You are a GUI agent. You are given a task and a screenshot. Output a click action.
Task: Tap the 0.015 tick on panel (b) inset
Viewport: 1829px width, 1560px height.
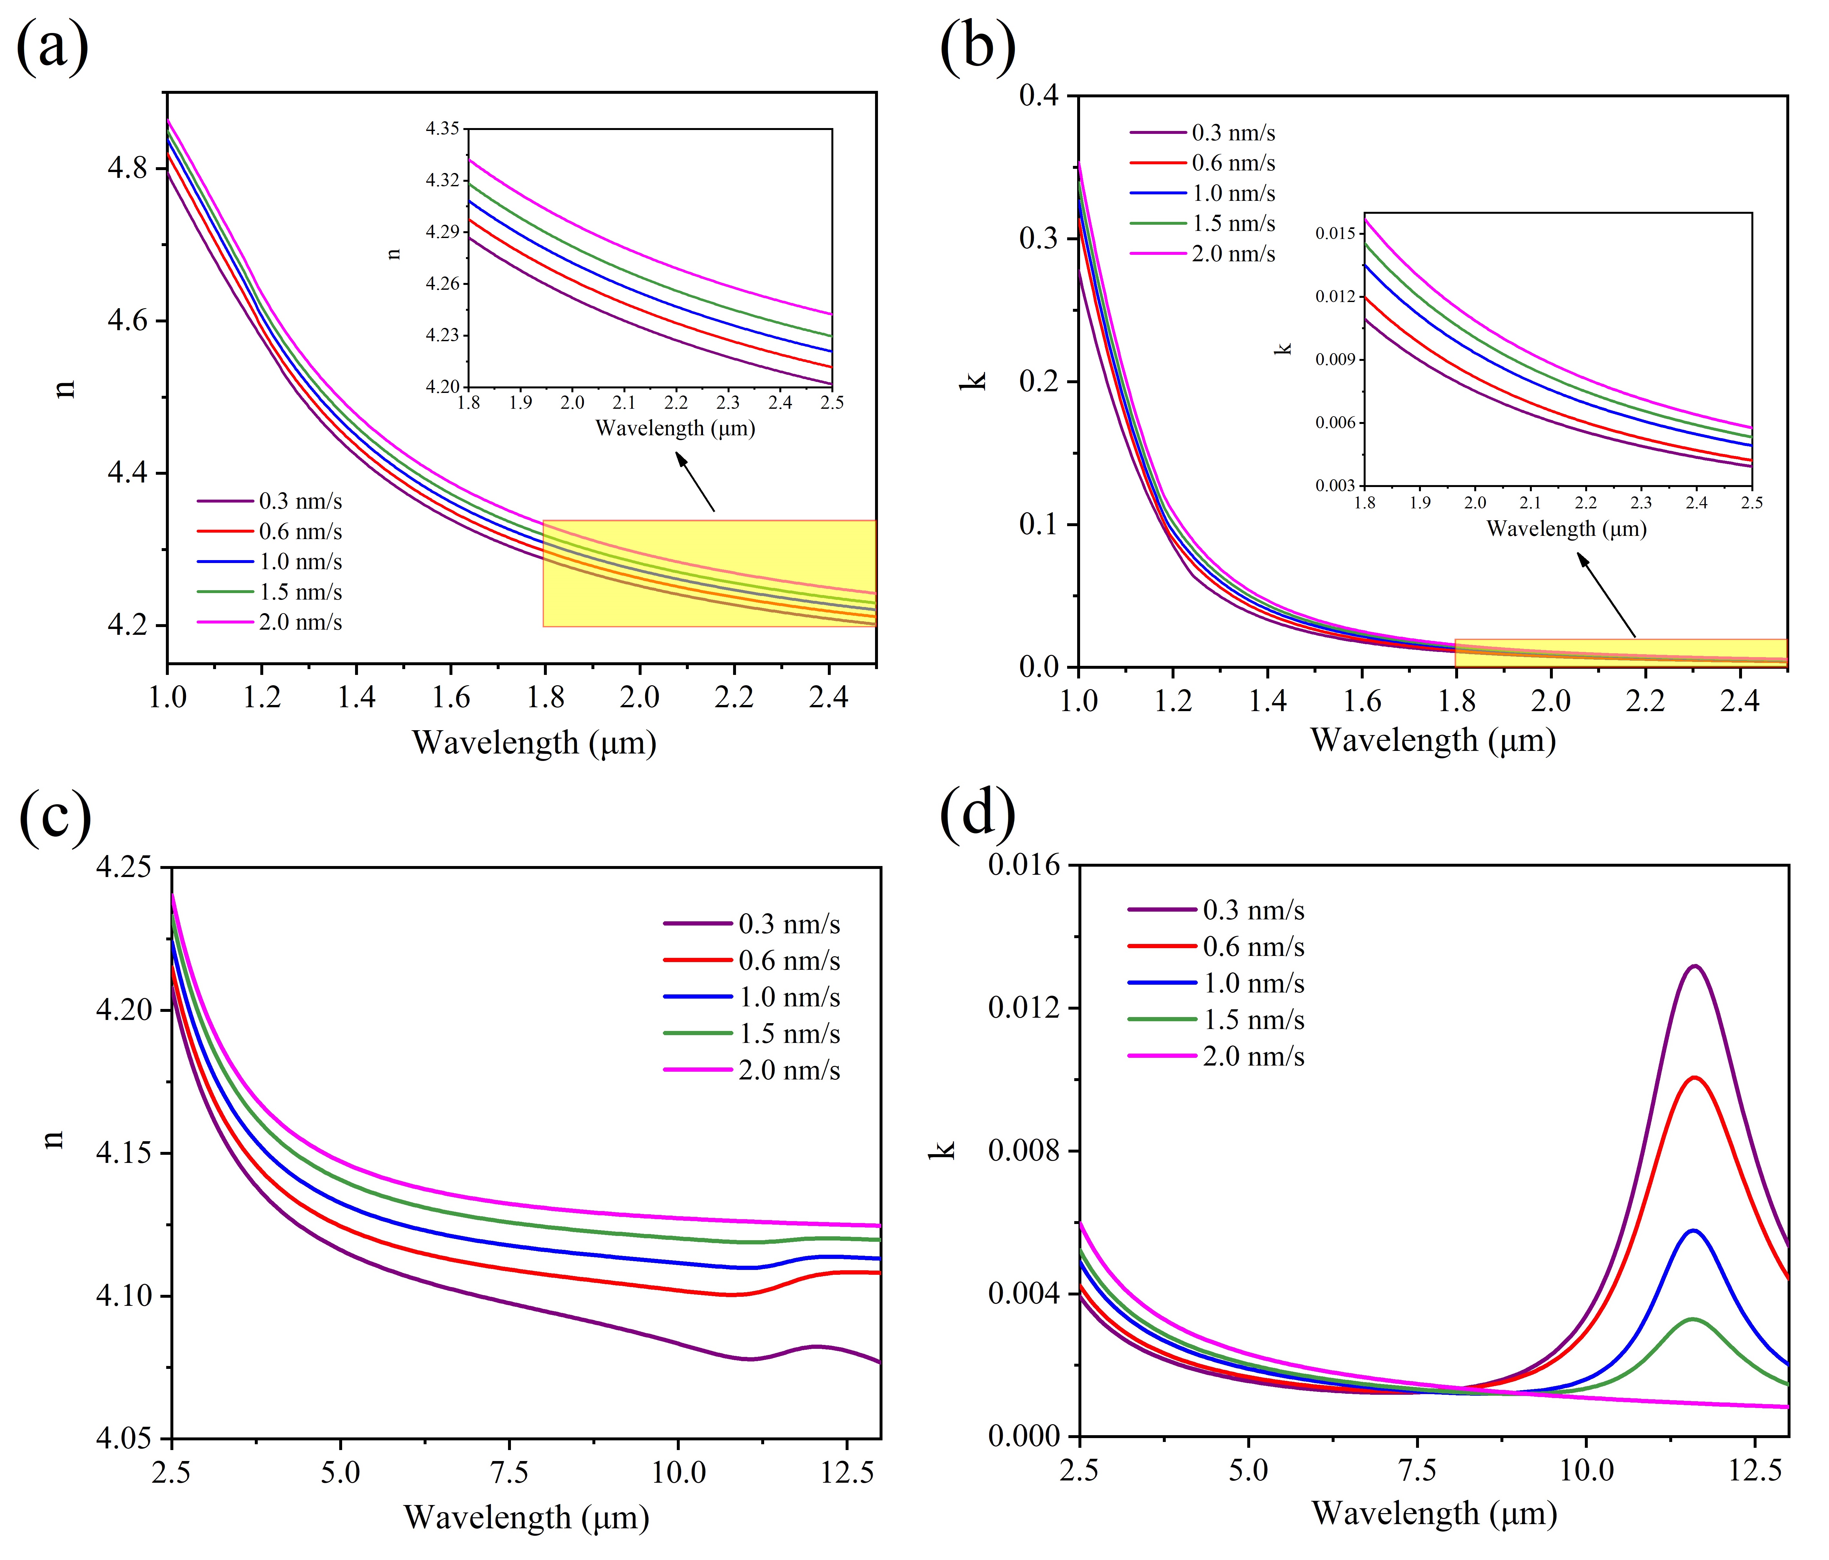pos(1335,233)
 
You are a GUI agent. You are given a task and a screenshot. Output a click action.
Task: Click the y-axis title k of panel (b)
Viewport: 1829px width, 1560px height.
pos(974,381)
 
